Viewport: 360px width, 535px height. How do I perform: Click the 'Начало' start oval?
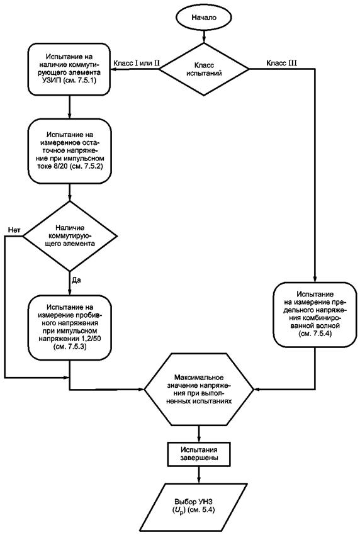tap(204, 18)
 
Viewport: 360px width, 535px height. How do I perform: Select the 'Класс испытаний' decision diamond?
tap(204, 69)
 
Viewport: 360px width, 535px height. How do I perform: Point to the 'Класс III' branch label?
tap(281, 64)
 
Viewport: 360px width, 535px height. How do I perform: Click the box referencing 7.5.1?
tap(70, 69)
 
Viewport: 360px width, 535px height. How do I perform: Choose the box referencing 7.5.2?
tap(70, 151)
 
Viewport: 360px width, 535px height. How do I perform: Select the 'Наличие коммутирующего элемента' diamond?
tap(70, 236)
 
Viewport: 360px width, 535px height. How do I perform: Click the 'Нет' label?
tap(14, 230)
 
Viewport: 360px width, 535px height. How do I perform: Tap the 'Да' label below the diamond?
tap(76, 281)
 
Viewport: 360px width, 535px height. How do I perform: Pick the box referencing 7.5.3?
tap(70, 327)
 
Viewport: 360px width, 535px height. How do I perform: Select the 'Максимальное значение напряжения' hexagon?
tap(199, 390)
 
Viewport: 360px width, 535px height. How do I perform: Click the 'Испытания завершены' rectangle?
tap(199, 453)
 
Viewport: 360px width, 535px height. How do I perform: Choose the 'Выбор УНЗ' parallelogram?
tap(200, 506)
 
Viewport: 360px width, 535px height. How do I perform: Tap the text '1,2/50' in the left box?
tap(87, 339)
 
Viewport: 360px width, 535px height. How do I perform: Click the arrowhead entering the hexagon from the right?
tap(256, 389)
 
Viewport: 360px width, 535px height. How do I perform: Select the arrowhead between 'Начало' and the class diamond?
tap(204, 39)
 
